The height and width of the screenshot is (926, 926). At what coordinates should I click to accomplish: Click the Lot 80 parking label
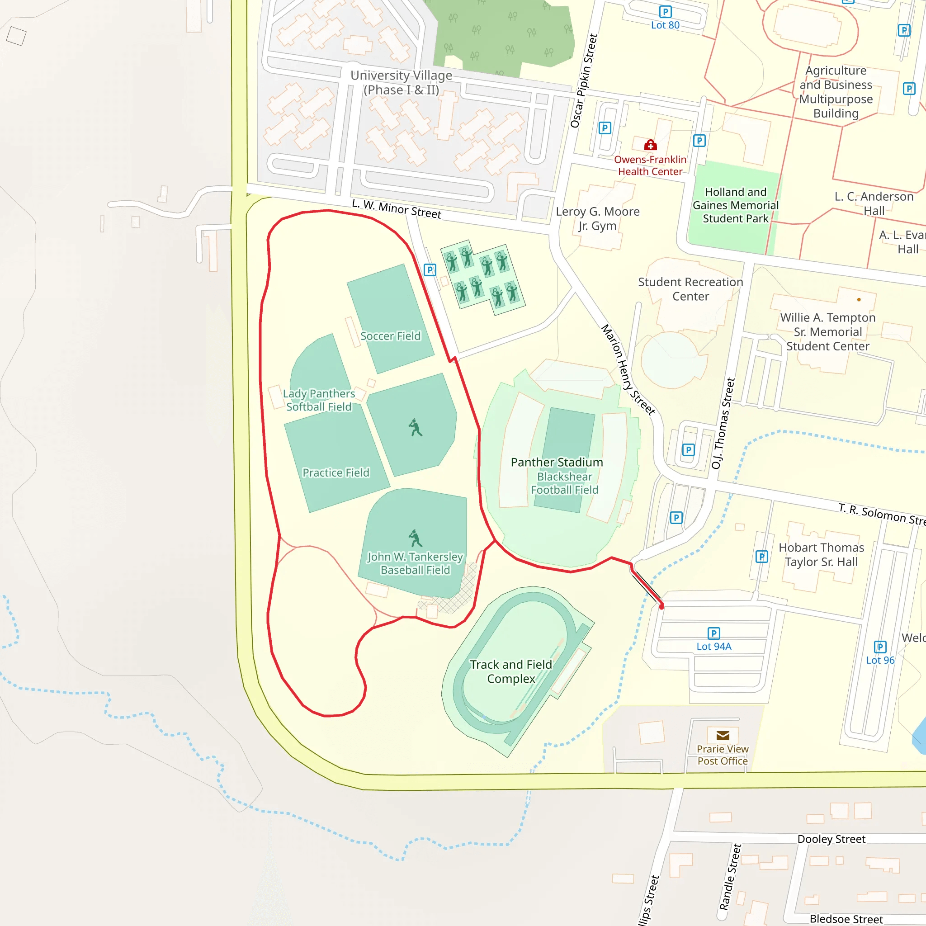tap(665, 25)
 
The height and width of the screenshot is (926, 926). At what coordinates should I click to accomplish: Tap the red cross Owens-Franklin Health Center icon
tap(650, 145)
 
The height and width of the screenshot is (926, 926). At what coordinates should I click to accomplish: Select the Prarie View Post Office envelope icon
tap(722, 736)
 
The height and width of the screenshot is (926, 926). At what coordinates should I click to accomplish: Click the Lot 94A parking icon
tap(713, 633)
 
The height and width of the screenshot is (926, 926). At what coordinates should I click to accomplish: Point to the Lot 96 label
tap(880, 661)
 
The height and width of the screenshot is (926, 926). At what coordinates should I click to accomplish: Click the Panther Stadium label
tap(557, 463)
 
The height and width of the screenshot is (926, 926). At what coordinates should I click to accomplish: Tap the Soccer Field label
tap(390, 336)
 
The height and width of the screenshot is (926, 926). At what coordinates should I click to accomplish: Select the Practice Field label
tap(335, 473)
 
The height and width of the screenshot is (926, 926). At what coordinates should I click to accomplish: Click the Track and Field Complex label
tap(511, 671)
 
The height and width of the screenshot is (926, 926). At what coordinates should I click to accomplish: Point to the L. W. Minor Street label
tap(397, 209)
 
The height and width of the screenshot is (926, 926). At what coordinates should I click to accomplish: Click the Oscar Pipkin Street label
tap(584, 80)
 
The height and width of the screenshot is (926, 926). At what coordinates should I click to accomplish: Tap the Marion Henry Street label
tap(628, 369)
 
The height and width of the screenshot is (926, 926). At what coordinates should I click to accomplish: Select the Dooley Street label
tap(831, 839)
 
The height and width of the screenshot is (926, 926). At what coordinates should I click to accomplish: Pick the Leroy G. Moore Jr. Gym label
tap(597, 218)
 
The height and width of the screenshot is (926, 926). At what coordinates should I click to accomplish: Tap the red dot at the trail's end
tap(661, 607)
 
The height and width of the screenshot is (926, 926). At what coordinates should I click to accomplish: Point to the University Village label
tap(401, 82)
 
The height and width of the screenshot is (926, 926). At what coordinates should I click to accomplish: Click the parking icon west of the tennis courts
tap(430, 270)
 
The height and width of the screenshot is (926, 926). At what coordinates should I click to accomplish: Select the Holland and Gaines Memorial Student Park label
tap(735, 205)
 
